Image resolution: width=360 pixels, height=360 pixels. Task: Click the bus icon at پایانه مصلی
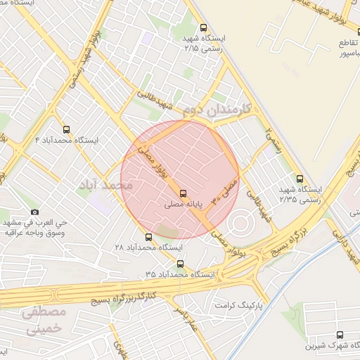[184, 193]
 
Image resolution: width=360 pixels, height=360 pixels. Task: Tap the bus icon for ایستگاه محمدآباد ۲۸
[148, 237]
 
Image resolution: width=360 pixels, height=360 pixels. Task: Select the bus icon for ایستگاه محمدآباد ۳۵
[181, 264]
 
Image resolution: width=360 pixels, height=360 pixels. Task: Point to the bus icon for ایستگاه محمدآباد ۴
[67, 129]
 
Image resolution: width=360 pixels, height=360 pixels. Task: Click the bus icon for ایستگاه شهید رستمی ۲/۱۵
[203, 26]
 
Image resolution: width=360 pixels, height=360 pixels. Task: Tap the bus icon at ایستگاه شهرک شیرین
[340, 335]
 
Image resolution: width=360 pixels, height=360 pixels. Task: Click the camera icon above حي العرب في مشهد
[35, 212]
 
